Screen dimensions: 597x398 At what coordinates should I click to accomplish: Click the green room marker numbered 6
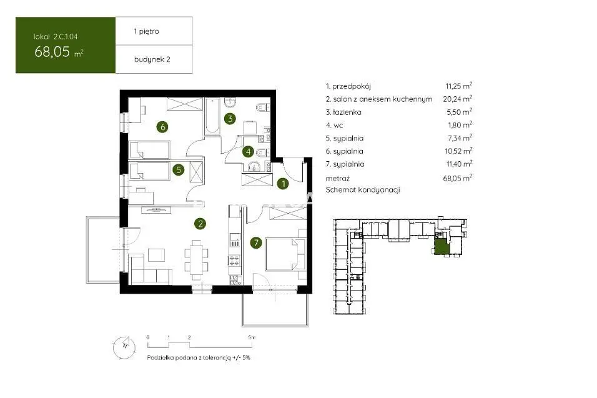pos(163,126)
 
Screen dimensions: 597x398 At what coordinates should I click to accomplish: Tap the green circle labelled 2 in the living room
pos(200,224)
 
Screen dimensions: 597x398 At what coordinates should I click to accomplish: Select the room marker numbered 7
pos(256,242)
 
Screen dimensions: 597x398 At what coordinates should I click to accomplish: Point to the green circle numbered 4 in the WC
pos(249,152)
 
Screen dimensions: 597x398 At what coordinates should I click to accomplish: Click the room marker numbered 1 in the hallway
pos(284,184)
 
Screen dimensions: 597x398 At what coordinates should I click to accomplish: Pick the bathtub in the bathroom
pos(212,116)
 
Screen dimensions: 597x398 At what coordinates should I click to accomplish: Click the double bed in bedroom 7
pos(285,254)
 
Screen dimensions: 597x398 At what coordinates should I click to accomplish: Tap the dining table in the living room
pos(197,260)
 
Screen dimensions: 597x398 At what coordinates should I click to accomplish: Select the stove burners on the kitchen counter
pos(234,261)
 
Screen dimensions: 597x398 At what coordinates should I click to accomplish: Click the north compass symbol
pos(124,347)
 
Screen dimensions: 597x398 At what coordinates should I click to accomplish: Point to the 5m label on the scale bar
pos(251,337)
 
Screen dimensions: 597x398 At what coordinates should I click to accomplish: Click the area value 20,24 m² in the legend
pos(457,99)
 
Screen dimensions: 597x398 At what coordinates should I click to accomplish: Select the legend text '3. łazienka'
pos(343,112)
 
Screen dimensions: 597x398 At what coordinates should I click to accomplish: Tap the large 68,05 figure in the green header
pos(52,51)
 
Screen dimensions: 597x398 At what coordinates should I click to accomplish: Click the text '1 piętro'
pos(146,31)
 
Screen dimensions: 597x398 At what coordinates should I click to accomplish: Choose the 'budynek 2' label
pos(152,59)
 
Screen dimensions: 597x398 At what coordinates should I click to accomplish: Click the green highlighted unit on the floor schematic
pos(442,247)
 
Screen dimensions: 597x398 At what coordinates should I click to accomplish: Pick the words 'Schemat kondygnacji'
pos(363,190)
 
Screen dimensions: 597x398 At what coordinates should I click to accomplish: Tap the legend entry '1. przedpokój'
pos(348,86)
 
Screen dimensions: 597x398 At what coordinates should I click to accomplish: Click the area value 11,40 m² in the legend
pos(459,164)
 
